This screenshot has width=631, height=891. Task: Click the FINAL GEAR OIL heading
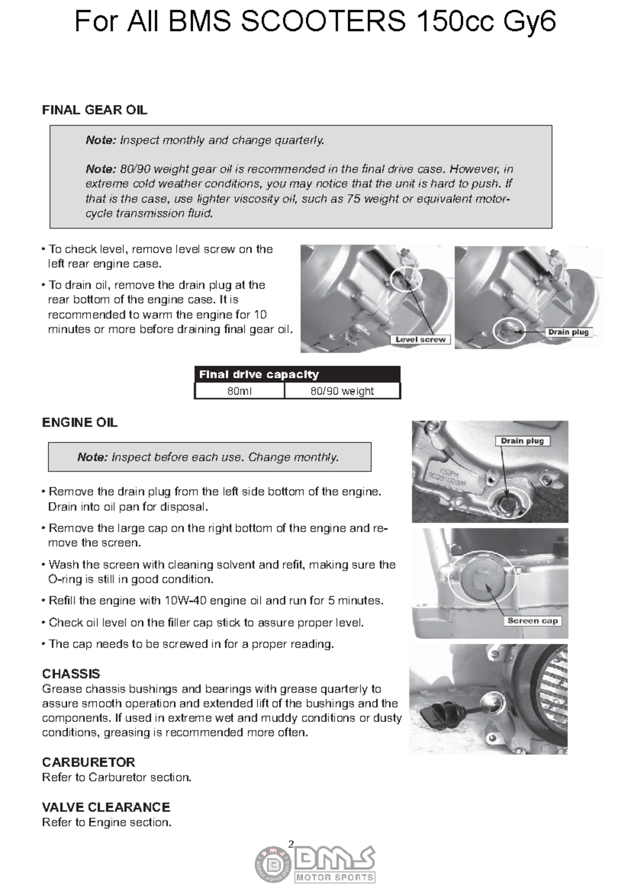click(x=94, y=110)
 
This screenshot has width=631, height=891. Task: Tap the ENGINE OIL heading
click(x=79, y=423)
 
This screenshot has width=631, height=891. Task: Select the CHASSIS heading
click(x=71, y=674)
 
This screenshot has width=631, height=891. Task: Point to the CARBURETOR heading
click(x=88, y=762)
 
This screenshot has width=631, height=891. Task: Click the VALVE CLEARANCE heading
click(x=106, y=807)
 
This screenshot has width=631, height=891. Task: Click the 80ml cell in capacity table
click(x=239, y=391)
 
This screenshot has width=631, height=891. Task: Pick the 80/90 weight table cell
click(x=342, y=391)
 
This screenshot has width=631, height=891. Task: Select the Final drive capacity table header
click(x=259, y=375)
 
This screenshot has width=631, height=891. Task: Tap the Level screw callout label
click(x=420, y=340)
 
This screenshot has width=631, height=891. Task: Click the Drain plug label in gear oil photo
click(x=568, y=332)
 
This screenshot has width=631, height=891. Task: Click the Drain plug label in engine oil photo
click(x=522, y=441)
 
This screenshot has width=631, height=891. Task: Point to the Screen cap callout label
click(x=532, y=621)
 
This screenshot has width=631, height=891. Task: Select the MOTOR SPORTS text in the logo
click(x=335, y=877)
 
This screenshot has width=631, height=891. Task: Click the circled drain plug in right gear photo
click(x=509, y=330)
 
